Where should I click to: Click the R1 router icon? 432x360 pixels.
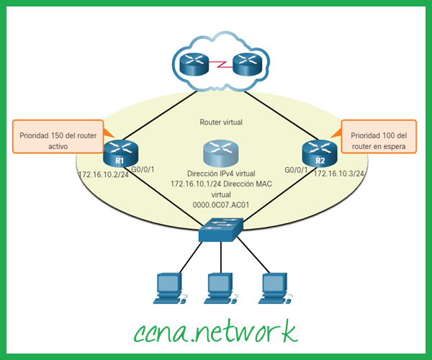120,153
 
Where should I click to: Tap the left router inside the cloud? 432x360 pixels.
194,66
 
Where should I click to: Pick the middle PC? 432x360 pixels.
219,287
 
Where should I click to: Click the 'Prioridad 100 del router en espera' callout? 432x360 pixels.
379,137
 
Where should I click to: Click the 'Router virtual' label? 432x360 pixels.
220,122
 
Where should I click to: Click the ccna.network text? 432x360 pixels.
215,330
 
